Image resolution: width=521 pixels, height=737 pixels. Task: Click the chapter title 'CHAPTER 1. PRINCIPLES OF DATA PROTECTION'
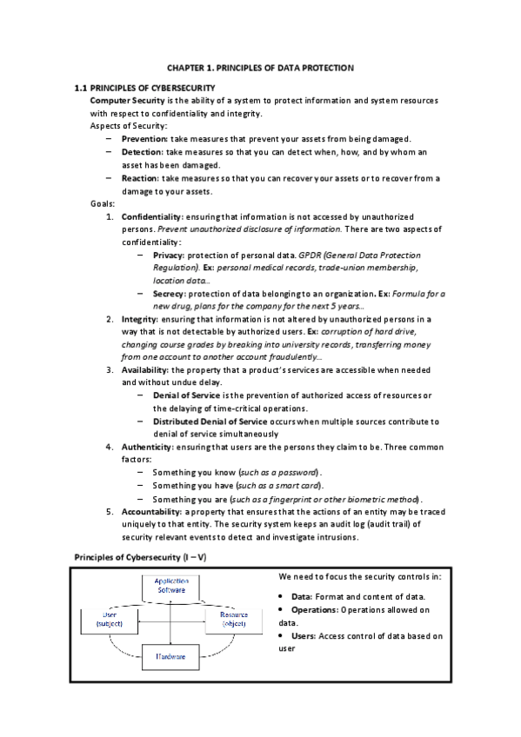click(x=260, y=68)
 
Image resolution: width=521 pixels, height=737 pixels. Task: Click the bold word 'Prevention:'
click(x=145, y=139)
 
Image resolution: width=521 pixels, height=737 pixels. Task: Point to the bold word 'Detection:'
click(x=143, y=152)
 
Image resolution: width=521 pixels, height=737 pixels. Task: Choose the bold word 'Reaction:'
click(x=141, y=178)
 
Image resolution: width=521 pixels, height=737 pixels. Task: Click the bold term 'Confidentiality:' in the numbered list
click(x=154, y=216)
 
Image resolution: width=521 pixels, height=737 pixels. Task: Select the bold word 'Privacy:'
click(x=168, y=256)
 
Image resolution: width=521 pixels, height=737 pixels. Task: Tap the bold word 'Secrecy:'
click(x=170, y=294)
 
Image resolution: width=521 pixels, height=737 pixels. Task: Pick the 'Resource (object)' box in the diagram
click(x=234, y=620)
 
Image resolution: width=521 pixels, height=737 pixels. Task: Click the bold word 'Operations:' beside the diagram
click(x=316, y=609)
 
